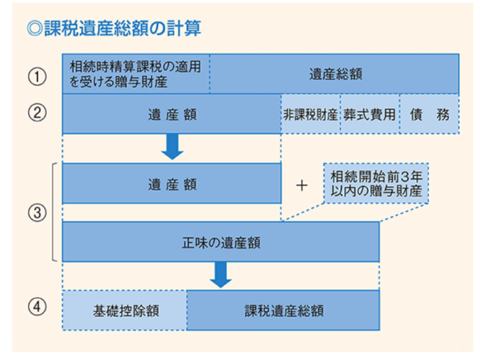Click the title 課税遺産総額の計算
click(122, 29)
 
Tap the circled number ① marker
click(37, 77)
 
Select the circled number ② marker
click(37, 112)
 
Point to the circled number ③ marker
click(37, 213)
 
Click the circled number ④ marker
click(37, 307)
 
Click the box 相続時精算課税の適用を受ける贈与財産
click(136, 74)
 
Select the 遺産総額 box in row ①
click(334, 74)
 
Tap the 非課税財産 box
click(310, 114)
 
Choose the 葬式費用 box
click(370, 114)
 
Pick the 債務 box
click(429, 114)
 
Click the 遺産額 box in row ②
click(172, 114)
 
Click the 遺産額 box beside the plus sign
click(172, 184)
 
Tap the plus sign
click(301, 186)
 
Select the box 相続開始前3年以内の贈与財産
click(376, 184)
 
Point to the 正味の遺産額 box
click(221, 242)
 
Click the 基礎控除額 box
click(124, 310)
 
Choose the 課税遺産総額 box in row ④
click(283, 310)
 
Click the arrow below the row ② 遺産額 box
click(172, 147)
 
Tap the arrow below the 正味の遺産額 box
click(221, 275)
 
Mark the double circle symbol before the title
click(35, 29)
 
